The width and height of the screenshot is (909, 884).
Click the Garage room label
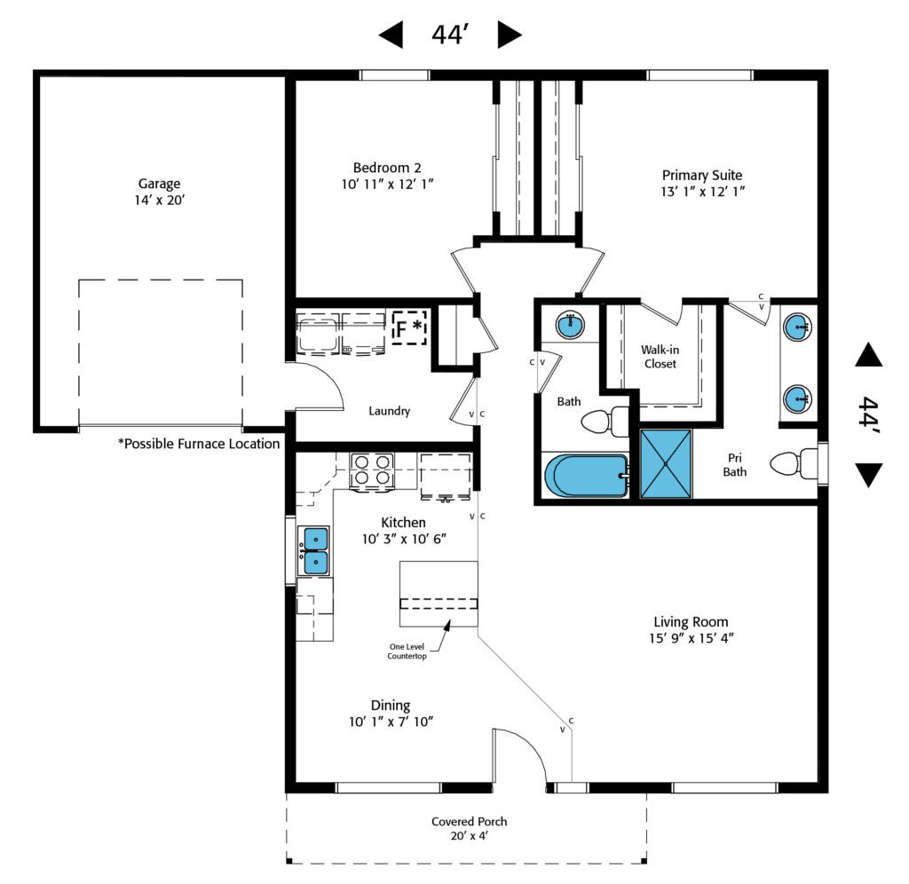pyautogui.click(x=158, y=185)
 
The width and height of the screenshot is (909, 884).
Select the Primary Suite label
pyautogui.click(x=701, y=175)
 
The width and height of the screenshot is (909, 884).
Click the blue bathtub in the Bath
pyautogui.click(x=586, y=476)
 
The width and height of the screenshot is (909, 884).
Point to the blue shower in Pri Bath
pyautogui.click(x=665, y=464)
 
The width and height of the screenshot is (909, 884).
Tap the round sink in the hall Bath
pyautogui.click(x=570, y=325)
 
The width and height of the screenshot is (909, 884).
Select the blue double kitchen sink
pyautogui.click(x=315, y=550)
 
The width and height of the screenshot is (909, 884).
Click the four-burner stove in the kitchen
pyautogui.click(x=372, y=470)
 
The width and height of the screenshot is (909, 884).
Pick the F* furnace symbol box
pyautogui.click(x=410, y=328)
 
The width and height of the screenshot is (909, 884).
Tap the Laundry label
pyautogui.click(x=390, y=411)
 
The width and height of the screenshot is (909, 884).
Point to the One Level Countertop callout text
pyautogui.click(x=407, y=651)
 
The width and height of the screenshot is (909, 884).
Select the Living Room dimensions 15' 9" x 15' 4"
pyautogui.click(x=691, y=638)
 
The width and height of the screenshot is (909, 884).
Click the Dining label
pyautogui.click(x=391, y=706)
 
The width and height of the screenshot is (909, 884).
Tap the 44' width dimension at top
pyautogui.click(x=449, y=35)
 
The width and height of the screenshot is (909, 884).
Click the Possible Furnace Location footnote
pyautogui.click(x=199, y=444)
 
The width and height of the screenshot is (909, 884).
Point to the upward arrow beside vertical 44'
pyautogui.click(x=869, y=356)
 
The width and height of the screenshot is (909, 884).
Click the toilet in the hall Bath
pyautogui.click(x=605, y=422)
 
